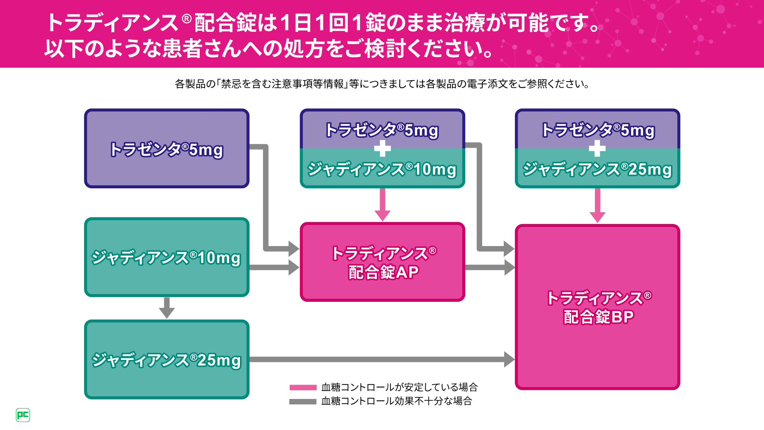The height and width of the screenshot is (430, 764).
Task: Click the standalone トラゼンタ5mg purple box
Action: click(x=167, y=148)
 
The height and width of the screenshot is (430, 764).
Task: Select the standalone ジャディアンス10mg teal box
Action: click(x=167, y=257)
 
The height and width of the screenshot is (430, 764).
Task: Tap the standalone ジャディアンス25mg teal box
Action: click(x=167, y=360)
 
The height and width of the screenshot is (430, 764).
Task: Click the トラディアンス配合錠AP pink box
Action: click(x=382, y=262)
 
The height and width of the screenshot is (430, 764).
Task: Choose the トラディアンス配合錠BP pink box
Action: click(x=597, y=307)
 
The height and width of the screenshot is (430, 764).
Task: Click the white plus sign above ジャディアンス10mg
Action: click(x=382, y=149)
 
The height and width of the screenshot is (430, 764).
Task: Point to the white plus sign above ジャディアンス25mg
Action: click(x=597, y=149)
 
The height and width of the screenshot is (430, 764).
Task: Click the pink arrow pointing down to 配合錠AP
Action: click(x=382, y=205)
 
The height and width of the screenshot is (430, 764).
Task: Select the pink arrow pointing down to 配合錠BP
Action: click(x=597, y=205)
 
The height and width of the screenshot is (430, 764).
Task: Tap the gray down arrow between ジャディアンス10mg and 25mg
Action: click(x=167, y=307)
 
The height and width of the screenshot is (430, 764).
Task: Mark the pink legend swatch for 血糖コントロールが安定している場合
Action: click(x=303, y=387)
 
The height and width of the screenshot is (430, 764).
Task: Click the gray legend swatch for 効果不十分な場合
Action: click(x=303, y=401)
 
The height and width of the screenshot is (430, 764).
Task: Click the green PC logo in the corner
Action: click(x=23, y=415)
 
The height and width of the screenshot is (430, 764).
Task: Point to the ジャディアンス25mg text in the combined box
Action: click(x=597, y=169)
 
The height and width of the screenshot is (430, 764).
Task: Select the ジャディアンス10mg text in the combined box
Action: click(x=382, y=169)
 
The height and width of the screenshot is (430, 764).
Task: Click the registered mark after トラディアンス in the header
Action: click(x=187, y=18)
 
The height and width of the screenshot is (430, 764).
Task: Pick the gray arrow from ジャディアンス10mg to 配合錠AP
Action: click(x=275, y=267)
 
